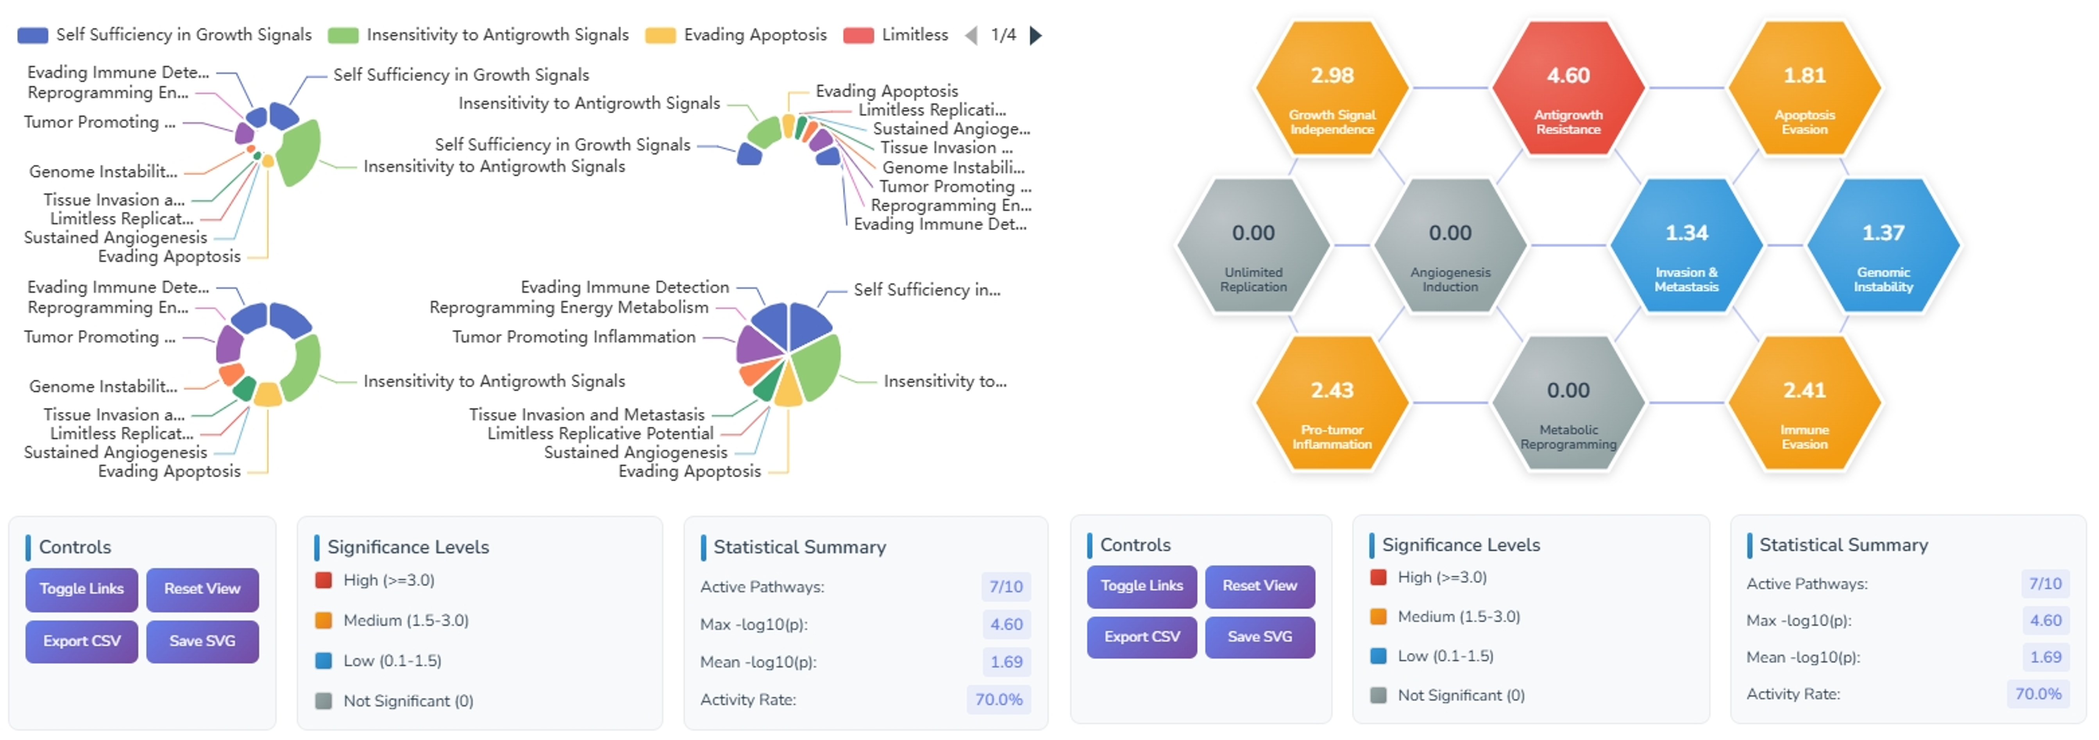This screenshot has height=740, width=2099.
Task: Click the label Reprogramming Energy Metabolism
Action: (569, 307)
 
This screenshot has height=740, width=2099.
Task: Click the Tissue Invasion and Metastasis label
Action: (586, 414)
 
